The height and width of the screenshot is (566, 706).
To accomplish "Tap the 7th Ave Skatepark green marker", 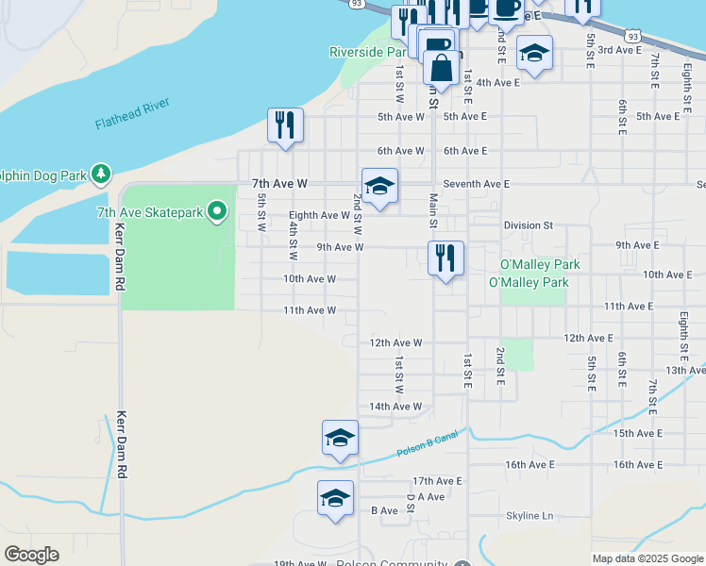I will tap(218, 211).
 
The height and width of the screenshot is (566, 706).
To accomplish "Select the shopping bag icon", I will tap(441, 67).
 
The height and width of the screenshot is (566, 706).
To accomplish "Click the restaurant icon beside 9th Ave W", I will tap(445, 258).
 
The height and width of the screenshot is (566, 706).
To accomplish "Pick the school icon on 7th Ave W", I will tap(379, 186).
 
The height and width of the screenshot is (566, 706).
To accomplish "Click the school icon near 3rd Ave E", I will tap(534, 54).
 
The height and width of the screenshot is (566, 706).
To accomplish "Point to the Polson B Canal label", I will tap(427, 443).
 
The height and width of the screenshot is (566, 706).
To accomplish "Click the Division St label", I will tap(528, 225).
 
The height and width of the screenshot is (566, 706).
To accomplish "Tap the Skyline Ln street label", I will tap(529, 516).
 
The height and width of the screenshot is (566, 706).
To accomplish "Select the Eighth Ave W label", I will tap(319, 215).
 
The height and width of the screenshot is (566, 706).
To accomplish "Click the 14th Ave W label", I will tap(395, 407).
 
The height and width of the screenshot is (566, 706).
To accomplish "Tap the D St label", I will tap(411, 502).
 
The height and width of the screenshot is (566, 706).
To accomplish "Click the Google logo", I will tap(31, 554).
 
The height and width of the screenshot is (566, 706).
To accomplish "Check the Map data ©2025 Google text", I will tap(647, 558).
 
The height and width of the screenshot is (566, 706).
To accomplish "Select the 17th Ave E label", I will tap(437, 480).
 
